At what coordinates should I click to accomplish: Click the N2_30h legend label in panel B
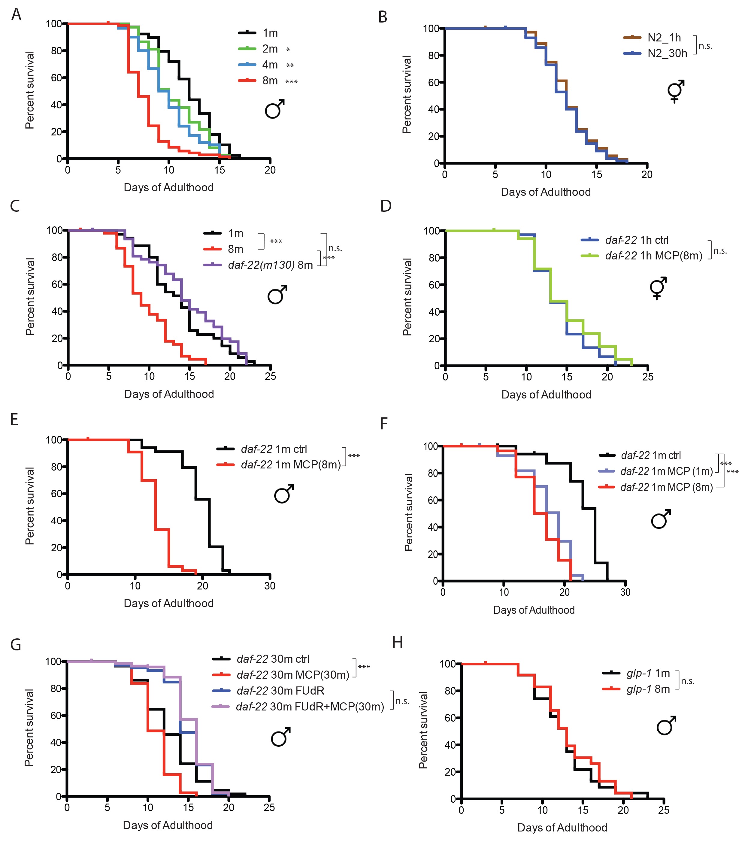pos(667,53)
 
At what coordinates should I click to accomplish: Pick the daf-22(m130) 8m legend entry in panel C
pos(270,265)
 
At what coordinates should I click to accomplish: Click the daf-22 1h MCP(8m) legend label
pos(653,256)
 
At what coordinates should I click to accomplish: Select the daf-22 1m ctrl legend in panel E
pos(274,449)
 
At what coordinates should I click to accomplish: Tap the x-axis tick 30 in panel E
pos(270,586)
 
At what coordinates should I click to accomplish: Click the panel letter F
pos(384,424)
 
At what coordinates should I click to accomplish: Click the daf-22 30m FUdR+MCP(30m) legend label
pos(310,707)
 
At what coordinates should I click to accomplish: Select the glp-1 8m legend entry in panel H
pos(648,689)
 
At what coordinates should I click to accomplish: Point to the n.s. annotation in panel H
pos(687,681)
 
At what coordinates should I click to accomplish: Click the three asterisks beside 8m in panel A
pos(292,81)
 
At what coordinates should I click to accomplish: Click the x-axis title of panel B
pos(545,192)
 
